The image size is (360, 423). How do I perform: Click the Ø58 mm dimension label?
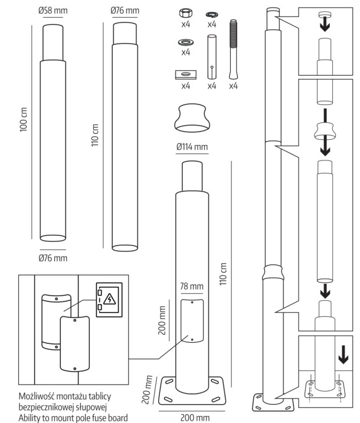click(x=53, y=11)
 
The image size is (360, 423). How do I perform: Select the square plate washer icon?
click(x=186, y=74)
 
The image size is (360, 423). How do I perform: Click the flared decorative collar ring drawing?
click(x=191, y=117)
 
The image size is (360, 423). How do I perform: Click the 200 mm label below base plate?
click(x=194, y=418)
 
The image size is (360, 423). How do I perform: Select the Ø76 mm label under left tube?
click(x=53, y=258)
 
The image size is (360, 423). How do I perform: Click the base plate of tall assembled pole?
click(x=273, y=404)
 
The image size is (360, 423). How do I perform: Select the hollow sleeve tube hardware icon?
click(x=212, y=56)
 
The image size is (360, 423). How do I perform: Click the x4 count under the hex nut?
click(x=186, y=25)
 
